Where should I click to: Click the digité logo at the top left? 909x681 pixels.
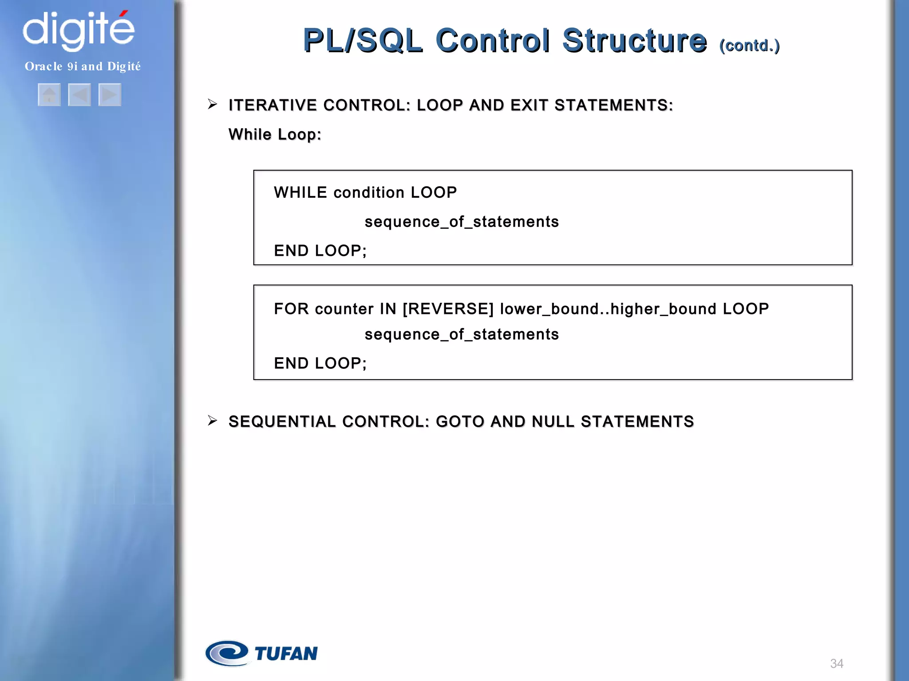79,30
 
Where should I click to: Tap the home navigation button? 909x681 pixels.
49,95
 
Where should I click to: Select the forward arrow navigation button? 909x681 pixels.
110,95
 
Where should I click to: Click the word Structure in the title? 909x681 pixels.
634,40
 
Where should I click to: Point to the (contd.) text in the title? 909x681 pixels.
749,45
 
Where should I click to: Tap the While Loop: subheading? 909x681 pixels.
275,134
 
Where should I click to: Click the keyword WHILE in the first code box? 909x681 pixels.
300,192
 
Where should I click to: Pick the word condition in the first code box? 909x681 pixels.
369,192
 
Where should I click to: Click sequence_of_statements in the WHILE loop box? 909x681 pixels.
462,222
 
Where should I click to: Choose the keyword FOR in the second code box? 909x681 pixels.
291,309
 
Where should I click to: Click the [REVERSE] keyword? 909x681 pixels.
448,309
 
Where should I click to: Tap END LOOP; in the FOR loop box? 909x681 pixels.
320,363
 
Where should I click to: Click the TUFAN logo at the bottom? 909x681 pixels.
262,653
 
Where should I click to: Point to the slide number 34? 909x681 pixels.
837,663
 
